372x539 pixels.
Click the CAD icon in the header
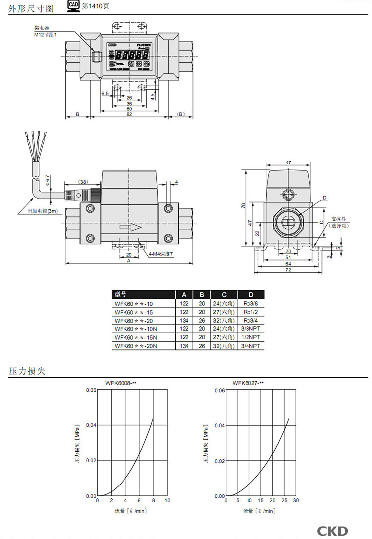click(x=73, y=6)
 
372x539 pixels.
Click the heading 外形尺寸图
click(x=31, y=7)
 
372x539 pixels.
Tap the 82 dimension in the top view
click(x=129, y=114)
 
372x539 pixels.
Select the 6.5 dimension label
click(x=105, y=93)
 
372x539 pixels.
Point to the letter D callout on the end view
click(x=325, y=198)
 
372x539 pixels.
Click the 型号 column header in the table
click(x=121, y=294)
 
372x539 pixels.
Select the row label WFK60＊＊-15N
click(x=134, y=337)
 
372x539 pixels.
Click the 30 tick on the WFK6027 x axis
click(x=296, y=501)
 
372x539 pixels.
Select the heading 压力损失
click(x=28, y=371)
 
